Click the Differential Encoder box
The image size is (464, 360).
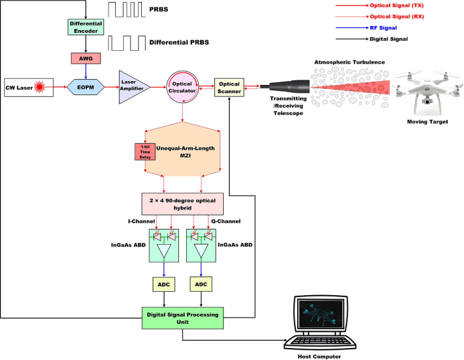point(86,27)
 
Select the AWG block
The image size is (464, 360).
point(86,59)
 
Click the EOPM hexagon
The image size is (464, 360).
point(85,87)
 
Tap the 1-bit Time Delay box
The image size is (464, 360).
point(145,151)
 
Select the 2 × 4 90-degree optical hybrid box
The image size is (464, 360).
point(181,204)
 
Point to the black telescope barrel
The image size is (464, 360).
point(288,87)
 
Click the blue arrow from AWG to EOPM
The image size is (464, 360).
point(86,70)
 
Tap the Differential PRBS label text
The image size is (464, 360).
point(179,42)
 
